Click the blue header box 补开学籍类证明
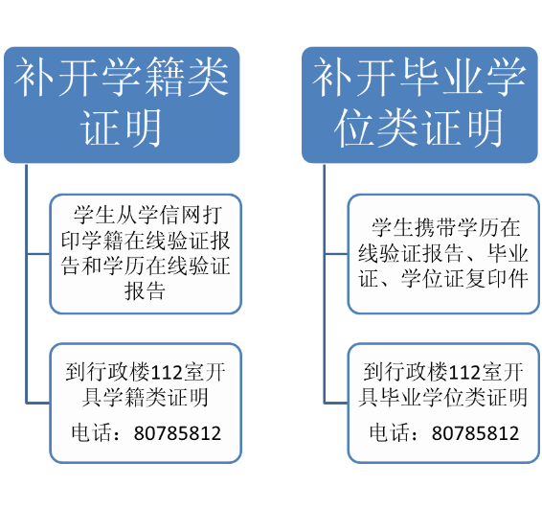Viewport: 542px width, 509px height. click(122, 104)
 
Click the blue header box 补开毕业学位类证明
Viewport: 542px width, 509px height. click(419, 104)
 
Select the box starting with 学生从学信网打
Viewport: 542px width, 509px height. click(146, 254)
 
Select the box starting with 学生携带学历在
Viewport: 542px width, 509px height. click(443, 254)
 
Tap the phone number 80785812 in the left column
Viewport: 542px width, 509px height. click(177, 433)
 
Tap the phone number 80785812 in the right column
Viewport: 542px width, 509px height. click(475, 433)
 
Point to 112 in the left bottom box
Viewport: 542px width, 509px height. click(167, 373)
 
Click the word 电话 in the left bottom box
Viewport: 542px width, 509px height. click(92, 433)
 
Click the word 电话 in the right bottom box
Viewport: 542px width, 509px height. click(390, 433)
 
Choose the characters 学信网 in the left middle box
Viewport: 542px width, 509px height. click(169, 215)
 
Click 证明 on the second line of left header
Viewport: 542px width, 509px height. click(122, 127)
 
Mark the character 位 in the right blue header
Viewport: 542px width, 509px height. click(355, 127)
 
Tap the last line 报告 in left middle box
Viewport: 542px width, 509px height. click(146, 291)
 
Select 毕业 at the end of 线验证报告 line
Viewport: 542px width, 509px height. click(508, 254)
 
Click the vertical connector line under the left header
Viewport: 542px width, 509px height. click(26, 284)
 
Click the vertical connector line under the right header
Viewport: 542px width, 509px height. click(325, 284)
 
